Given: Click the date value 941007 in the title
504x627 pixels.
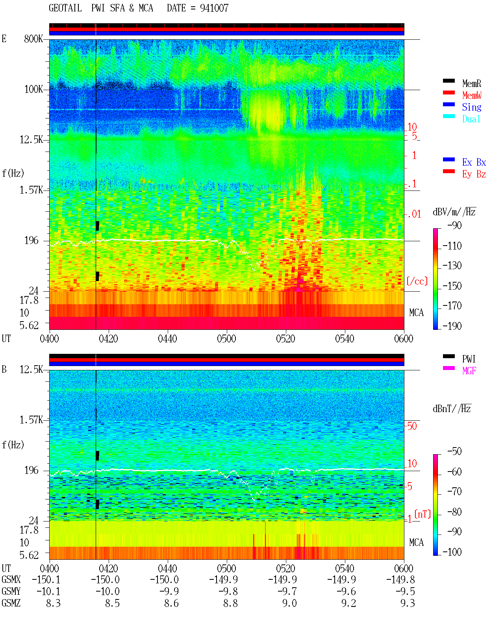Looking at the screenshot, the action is click(x=214, y=8).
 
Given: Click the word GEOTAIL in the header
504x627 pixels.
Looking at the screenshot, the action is click(x=65, y=8).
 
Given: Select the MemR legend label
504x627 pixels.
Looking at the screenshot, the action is click(x=471, y=83).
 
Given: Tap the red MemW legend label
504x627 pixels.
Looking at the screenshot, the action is click(x=471, y=95).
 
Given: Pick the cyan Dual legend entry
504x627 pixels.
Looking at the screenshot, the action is click(x=471, y=119).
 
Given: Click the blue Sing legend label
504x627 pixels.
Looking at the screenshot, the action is click(x=471, y=107).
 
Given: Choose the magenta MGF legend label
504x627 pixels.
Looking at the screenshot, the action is click(x=469, y=371).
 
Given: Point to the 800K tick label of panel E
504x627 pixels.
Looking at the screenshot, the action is click(x=33, y=39).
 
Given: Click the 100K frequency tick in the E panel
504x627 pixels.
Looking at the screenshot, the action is click(x=33, y=89).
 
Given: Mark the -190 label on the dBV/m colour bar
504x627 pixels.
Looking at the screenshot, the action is click(x=452, y=326).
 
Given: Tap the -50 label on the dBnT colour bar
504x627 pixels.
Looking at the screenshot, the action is click(x=454, y=451).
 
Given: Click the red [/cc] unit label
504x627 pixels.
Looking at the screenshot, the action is click(x=417, y=281).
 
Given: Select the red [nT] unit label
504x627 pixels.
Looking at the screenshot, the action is click(x=422, y=514).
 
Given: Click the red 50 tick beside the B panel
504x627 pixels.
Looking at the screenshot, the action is click(x=412, y=426).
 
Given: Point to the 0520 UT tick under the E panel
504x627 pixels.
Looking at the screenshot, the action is click(x=285, y=339).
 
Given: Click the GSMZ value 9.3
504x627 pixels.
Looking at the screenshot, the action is click(x=408, y=603).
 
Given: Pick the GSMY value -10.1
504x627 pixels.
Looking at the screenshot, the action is click(x=48, y=592).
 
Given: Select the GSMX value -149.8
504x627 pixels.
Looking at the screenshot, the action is click(x=400, y=580).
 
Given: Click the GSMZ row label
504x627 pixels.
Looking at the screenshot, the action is click(x=11, y=603).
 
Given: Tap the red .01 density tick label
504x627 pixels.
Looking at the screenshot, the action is click(x=414, y=215).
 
